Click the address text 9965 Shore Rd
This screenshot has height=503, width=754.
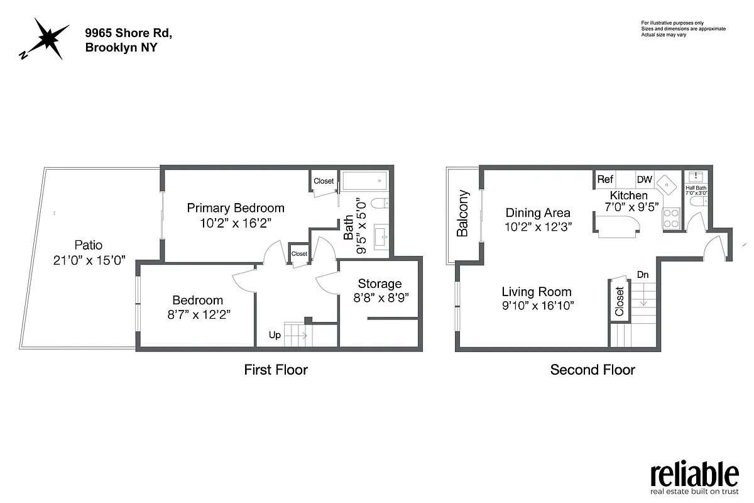[x=128, y=33]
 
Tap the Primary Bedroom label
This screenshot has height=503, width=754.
[x=236, y=208]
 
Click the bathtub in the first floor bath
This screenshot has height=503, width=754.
[x=364, y=182]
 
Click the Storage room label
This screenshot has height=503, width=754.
[x=380, y=284]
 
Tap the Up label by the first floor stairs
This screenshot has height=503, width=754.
[x=275, y=335]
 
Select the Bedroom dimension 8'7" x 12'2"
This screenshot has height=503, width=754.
[x=199, y=315]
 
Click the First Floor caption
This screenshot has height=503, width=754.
[x=276, y=370]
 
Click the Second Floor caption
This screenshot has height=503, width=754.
[x=593, y=370]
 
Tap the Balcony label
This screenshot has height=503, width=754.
[x=463, y=213]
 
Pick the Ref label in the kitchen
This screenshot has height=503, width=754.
[x=605, y=180]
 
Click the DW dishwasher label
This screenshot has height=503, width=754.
[x=645, y=180]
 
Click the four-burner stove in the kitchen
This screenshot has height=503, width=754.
[x=672, y=218]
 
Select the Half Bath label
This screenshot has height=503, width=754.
[x=696, y=188]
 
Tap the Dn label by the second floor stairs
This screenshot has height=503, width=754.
[x=643, y=275]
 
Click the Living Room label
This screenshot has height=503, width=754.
[x=537, y=292]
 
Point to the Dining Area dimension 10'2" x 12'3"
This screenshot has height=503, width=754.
[x=538, y=227]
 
